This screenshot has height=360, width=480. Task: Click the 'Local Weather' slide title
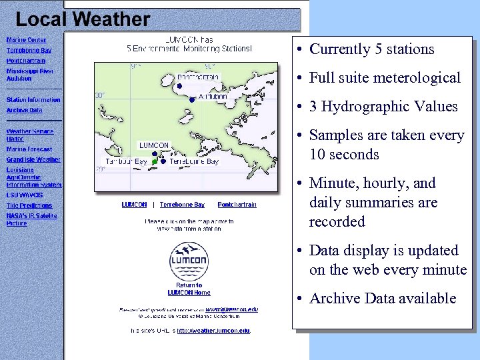[x=83, y=19]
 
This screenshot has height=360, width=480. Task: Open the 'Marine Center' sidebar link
[x=27, y=40]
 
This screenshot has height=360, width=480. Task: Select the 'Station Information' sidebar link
[x=33, y=100]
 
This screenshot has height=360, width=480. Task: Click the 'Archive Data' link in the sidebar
[x=25, y=110]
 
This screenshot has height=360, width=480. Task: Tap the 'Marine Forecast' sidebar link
[x=29, y=149]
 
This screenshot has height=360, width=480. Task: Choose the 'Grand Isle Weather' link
[x=33, y=159]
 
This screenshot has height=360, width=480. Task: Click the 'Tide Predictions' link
[x=29, y=206]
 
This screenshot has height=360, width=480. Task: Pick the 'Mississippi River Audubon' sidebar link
[x=30, y=75]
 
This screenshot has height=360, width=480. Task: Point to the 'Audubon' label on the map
[x=213, y=97]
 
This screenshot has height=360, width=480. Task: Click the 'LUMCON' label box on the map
[x=154, y=145]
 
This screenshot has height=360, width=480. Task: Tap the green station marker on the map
[x=155, y=162]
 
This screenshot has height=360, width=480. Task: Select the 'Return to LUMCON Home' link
[x=189, y=289]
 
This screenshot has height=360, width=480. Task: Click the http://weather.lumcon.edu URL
[x=213, y=331]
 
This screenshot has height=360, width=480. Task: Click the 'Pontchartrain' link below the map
[x=237, y=205]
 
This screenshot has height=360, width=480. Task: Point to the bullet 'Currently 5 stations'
[x=371, y=49]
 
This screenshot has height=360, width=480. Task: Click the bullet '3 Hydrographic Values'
[x=383, y=107]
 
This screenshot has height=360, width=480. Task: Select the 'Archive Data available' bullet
[x=382, y=299]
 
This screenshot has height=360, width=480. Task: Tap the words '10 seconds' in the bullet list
[x=344, y=155]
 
